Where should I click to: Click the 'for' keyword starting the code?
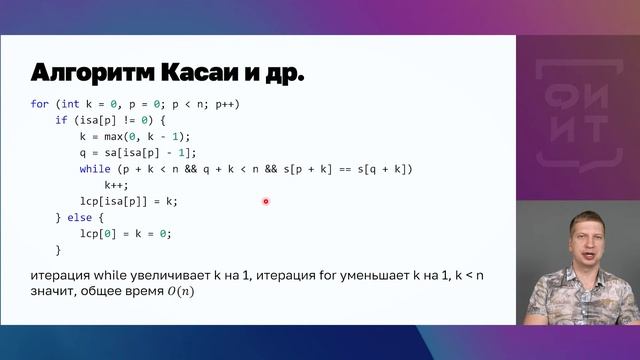click(x=40, y=104)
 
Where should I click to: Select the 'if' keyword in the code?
click(x=62, y=120)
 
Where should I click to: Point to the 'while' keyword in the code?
click(x=96, y=169)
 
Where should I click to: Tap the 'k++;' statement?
click(x=118, y=185)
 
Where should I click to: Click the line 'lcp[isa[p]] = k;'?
click(x=128, y=201)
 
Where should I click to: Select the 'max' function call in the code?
click(x=125, y=136)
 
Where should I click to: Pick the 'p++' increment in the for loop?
click(x=226, y=104)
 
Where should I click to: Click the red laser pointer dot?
click(x=266, y=201)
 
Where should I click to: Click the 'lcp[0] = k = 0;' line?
click(x=126, y=233)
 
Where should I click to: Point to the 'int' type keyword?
click(x=69, y=104)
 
